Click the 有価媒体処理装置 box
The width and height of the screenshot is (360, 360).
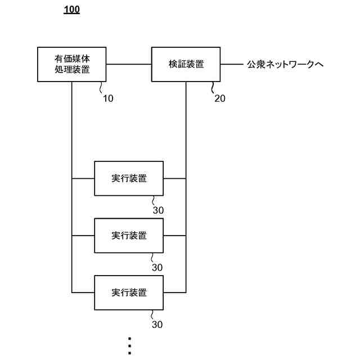pos(72,64)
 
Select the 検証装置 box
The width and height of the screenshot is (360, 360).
pos(186,64)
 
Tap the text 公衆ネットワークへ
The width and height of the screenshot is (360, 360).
pos(285,65)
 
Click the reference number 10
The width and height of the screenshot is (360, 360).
pos(107,98)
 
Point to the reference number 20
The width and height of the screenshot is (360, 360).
pos(220,98)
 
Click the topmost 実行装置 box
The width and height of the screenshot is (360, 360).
pos(129,178)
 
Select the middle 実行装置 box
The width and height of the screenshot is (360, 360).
pos(129,235)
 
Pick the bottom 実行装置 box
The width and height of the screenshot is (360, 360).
pos(129,292)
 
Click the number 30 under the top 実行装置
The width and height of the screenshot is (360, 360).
pos(157,210)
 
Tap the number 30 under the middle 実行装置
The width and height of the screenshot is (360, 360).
pos(157,267)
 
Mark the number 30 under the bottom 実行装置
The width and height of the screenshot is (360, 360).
pos(157,325)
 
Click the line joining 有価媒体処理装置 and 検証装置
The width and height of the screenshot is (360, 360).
pos(129,64)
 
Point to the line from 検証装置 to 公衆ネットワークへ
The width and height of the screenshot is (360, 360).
pos(231,64)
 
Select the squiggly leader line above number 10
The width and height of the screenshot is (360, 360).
pos(101,88)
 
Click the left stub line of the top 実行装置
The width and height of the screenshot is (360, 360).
pos(83,178)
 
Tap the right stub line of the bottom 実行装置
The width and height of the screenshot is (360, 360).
pos(174,292)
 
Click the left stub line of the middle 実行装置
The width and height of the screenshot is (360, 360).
pos(83,235)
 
